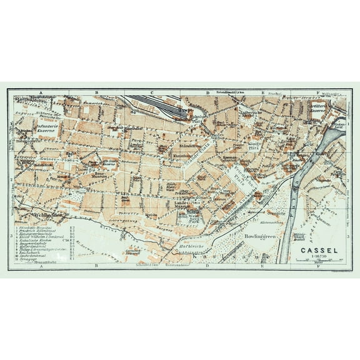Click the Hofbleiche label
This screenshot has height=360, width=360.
click(191, 244)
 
